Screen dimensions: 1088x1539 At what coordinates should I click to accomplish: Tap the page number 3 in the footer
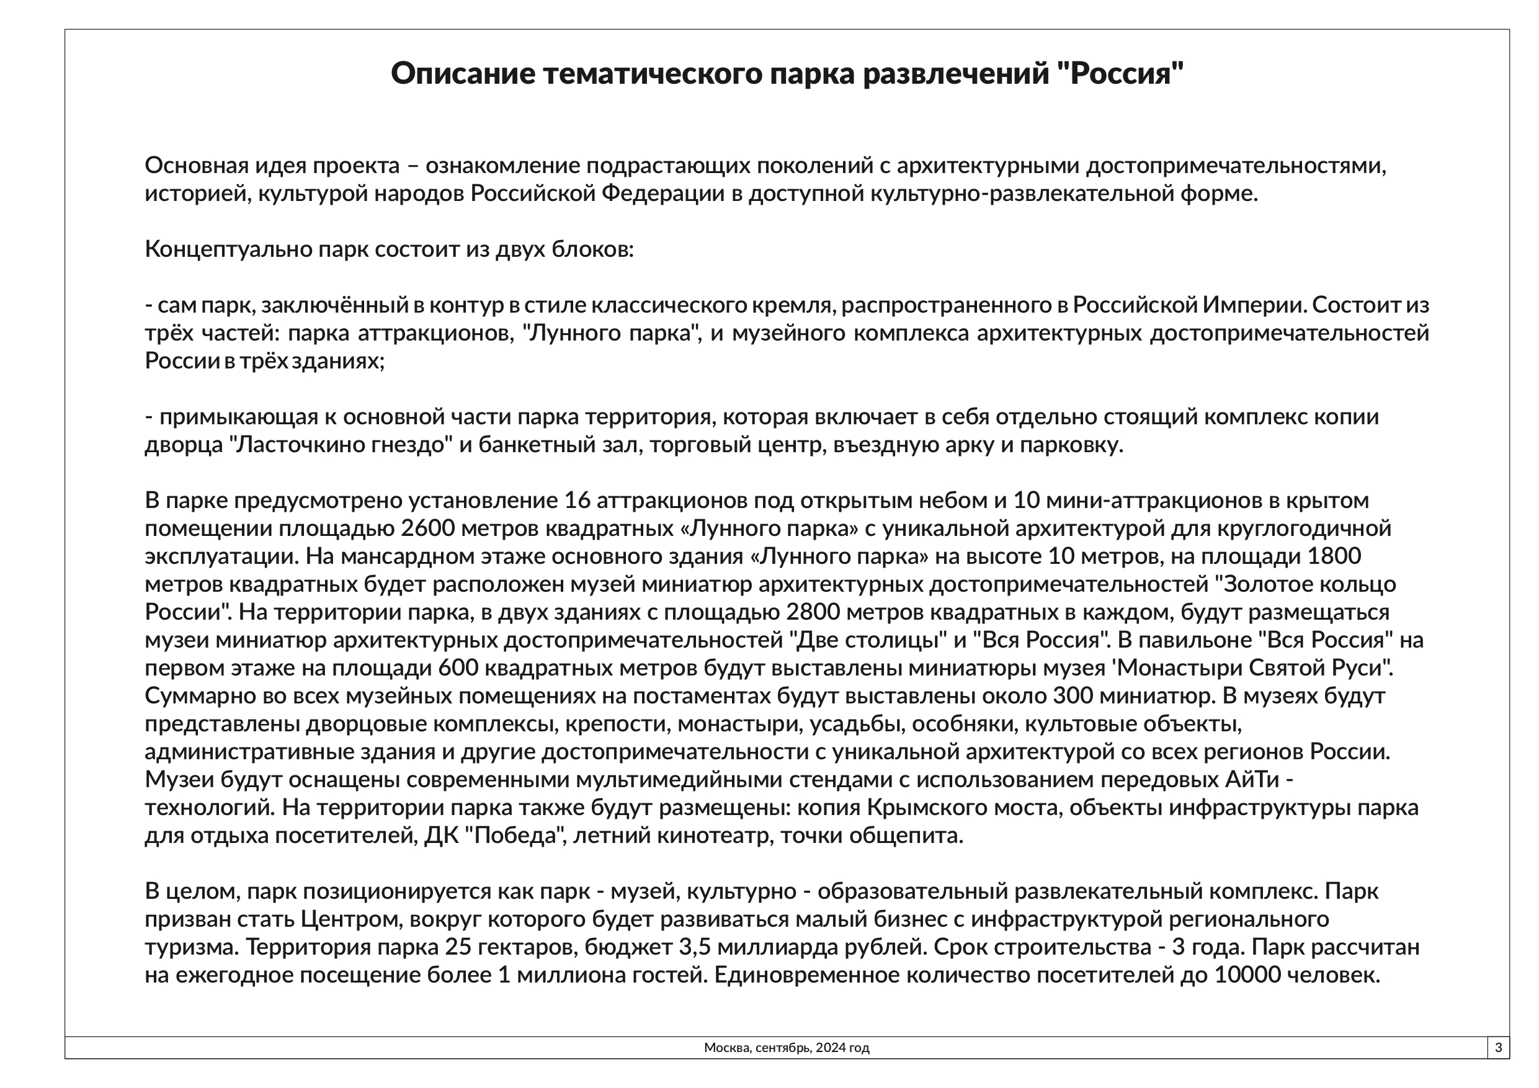point(1498,1047)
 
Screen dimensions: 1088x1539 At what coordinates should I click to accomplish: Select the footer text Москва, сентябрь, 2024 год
point(787,1048)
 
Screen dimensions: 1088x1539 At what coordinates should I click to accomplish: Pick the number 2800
point(814,612)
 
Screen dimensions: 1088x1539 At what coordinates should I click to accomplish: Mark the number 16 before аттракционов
point(577,500)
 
